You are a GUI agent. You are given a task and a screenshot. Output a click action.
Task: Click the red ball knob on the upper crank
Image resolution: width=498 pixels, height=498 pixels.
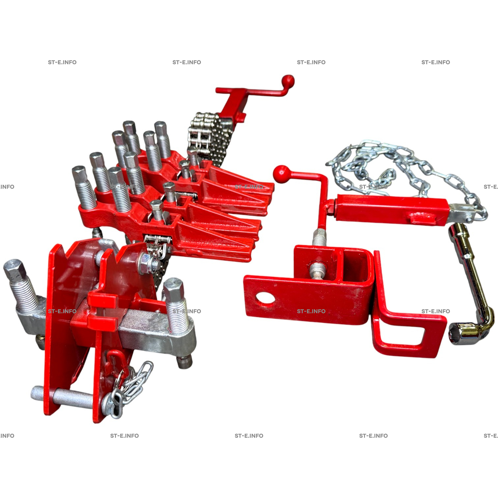pyautogui.click(x=288, y=81)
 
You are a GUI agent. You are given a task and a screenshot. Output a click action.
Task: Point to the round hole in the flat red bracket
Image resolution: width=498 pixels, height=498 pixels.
pyautogui.click(x=265, y=298)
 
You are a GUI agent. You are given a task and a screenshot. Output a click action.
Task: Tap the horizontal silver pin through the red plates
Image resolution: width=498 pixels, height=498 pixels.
pyautogui.click(x=63, y=399)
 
